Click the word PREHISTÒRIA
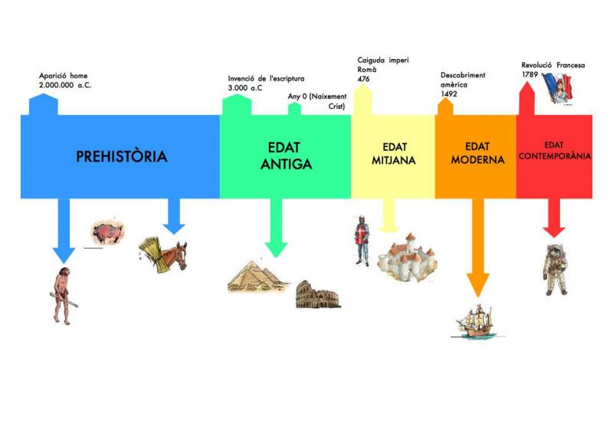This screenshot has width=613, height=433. pyautogui.click(x=121, y=157)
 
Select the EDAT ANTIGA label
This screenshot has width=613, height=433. pyautogui.click(x=285, y=156)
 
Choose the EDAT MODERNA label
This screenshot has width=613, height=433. pyautogui.click(x=477, y=153)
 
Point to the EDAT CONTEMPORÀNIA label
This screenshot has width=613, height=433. pyautogui.click(x=554, y=150)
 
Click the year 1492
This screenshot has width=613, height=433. pyautogui.click(x=449, y=94)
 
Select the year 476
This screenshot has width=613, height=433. pyautogui.click(x=364, y=78)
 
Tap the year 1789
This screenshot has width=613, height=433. pyautogui.click(x=530, y=75)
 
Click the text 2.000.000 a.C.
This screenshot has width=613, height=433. pyautogui.click(x=66, y=86)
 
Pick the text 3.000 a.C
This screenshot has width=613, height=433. pyautogui.click(x=245, y=88)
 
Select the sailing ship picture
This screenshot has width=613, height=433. pyautogui.click(x=477, y=321)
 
